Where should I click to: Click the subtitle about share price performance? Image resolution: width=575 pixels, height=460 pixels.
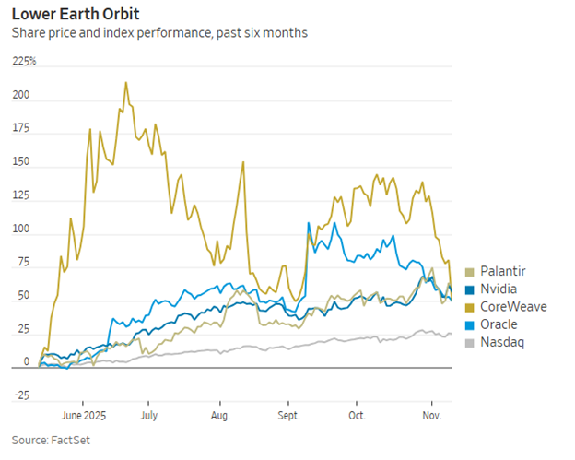(x=159, y=33)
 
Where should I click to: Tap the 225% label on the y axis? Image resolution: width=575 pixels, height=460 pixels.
(x=24, y=61)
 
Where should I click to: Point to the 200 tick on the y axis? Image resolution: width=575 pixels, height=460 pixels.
(x=20, y=96)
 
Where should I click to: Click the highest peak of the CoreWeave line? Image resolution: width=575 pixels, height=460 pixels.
(x=125, y=82)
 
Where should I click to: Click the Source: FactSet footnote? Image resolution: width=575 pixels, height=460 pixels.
(x=51, y=440)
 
